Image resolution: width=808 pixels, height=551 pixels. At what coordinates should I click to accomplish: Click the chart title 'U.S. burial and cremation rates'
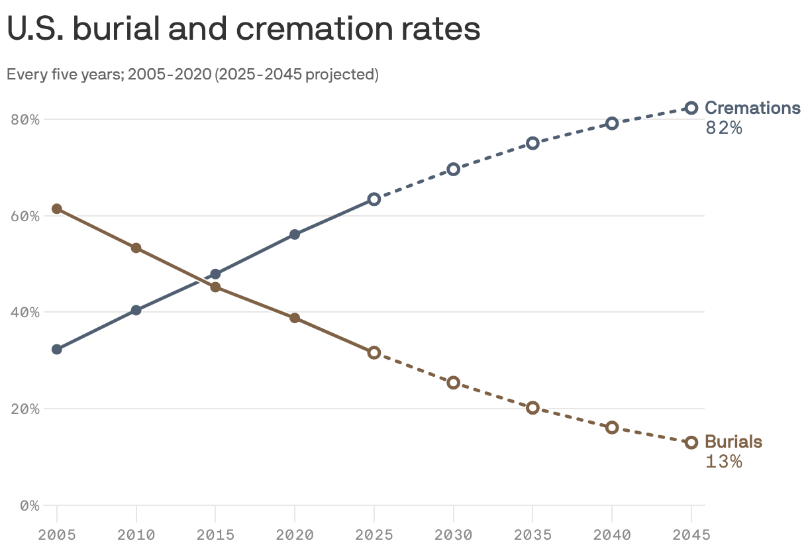[243, 30]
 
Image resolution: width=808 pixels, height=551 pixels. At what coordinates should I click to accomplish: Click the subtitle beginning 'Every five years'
[192, 74]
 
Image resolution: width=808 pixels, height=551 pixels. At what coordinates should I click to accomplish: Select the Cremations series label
[752, 108]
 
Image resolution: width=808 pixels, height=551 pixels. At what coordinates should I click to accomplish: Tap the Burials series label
[733, 442]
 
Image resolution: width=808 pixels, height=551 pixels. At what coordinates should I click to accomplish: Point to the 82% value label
[723, 128]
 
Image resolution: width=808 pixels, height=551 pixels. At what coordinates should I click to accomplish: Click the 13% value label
[723, 462]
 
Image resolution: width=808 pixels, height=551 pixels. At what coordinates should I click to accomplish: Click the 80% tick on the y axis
[25, 120]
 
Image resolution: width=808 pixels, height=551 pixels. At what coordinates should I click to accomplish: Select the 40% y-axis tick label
[25, 313]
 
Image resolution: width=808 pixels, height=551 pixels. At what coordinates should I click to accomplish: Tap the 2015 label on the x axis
[215, 534]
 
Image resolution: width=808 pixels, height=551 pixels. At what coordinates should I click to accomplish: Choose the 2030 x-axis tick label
[453, 534]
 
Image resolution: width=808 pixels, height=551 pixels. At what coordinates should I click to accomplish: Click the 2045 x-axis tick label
[691, 534]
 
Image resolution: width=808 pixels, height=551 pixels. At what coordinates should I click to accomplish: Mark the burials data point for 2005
[57, 209]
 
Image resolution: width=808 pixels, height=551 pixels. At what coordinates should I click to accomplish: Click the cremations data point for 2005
[57, 349]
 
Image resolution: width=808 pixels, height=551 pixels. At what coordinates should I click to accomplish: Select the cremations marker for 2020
[295, 234]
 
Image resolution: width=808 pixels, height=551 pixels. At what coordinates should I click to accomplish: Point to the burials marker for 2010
[136, 248]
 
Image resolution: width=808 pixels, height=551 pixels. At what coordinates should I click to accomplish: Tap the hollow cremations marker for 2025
[374, 199]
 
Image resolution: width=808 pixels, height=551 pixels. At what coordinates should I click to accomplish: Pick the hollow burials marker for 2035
[532, 408]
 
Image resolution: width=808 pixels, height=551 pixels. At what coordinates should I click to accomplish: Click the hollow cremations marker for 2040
[612, 123]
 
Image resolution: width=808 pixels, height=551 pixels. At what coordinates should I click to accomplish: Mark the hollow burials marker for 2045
[691, 442]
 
